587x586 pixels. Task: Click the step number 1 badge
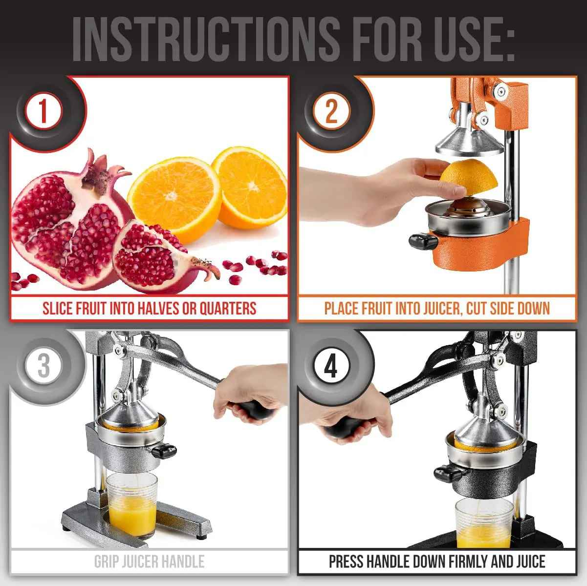pos(44,111)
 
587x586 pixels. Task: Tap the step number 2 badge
pos(331,111)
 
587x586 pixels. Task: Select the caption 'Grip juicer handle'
pos(149,562)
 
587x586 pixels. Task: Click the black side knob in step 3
pos(163,450)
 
